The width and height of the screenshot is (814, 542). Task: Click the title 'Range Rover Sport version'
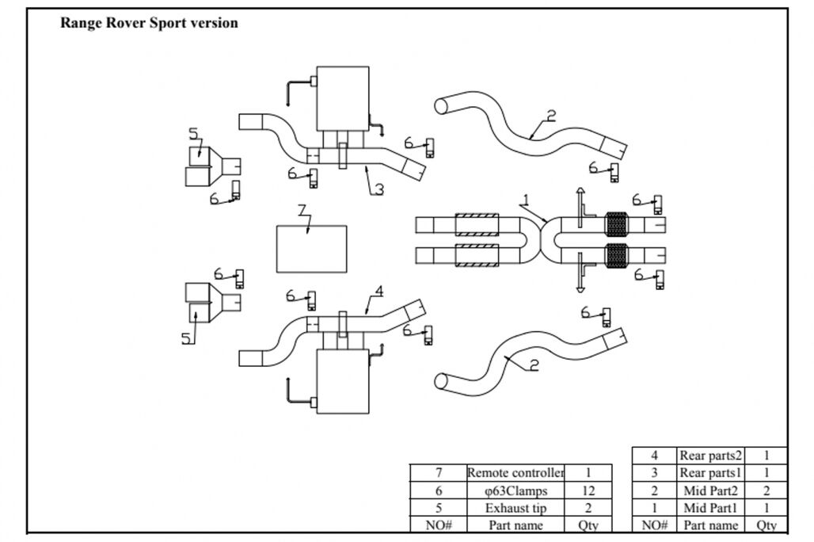pos(149,23)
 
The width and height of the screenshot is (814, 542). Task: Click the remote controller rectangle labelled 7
pos(311,248)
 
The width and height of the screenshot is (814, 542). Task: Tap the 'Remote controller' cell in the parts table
pos(515,473)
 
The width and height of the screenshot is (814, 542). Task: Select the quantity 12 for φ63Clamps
pos(588,490)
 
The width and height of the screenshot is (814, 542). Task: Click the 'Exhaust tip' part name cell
pos(515,508)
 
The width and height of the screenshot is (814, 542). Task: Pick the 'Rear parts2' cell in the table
pos(710,456)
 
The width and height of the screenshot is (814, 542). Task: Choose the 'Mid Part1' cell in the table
pos(710,508)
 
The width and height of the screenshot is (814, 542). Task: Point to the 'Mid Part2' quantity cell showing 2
pos(766,490)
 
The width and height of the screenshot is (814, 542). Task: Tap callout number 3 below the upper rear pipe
pos(379,189)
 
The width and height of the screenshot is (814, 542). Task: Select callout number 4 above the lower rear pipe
pos(378,292)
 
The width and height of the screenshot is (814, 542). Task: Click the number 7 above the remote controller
pos(302,211)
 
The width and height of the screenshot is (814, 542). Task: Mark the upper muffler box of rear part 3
pos(343,98)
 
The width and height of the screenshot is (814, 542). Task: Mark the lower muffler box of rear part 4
pos(343,381)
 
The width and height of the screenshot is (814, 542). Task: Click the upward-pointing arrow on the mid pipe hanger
pos(580,194)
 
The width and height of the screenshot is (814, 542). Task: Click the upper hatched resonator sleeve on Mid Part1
pos(477,224)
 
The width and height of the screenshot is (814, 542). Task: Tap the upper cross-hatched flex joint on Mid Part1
pos(615,225)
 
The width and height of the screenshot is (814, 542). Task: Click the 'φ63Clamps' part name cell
pos(515,490)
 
